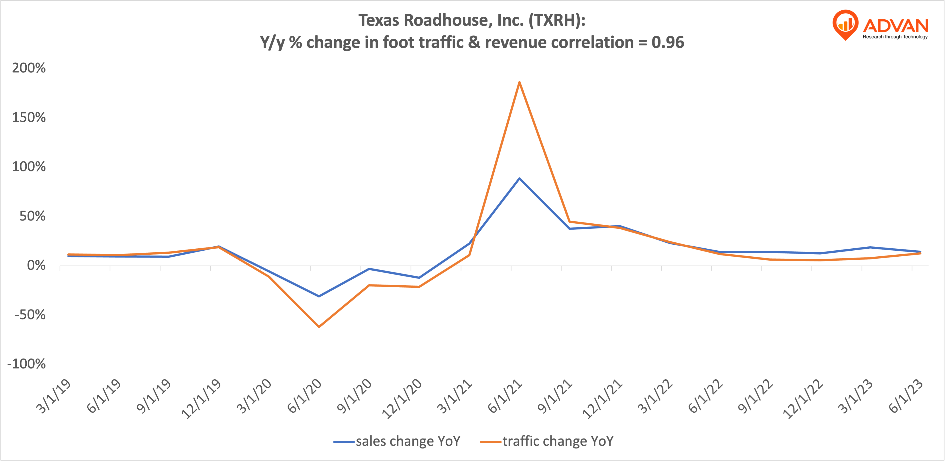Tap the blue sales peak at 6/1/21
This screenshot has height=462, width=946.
[x=519, y=179]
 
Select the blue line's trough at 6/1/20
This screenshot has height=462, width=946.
[x=319, y=296]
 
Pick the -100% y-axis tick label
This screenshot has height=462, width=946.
[x=26, y=364]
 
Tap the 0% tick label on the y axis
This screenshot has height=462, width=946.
[x=36, y=265]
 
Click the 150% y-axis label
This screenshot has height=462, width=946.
[x=29, y=117]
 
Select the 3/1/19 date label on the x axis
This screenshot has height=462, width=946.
[x=54, y=396]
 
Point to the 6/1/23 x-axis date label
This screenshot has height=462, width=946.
[x=906, y=396]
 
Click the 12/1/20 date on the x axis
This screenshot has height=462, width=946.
[x=402, y=399]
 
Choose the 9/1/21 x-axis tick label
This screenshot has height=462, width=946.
[x=554, y=396]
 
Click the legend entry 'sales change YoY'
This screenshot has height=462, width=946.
[x=408, y=441]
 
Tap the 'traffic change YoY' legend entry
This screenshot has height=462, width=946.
[x=557, y=441]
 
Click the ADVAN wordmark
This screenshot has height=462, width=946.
[x=895, y=26]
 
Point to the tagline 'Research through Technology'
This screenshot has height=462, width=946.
[x=895, y=37]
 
